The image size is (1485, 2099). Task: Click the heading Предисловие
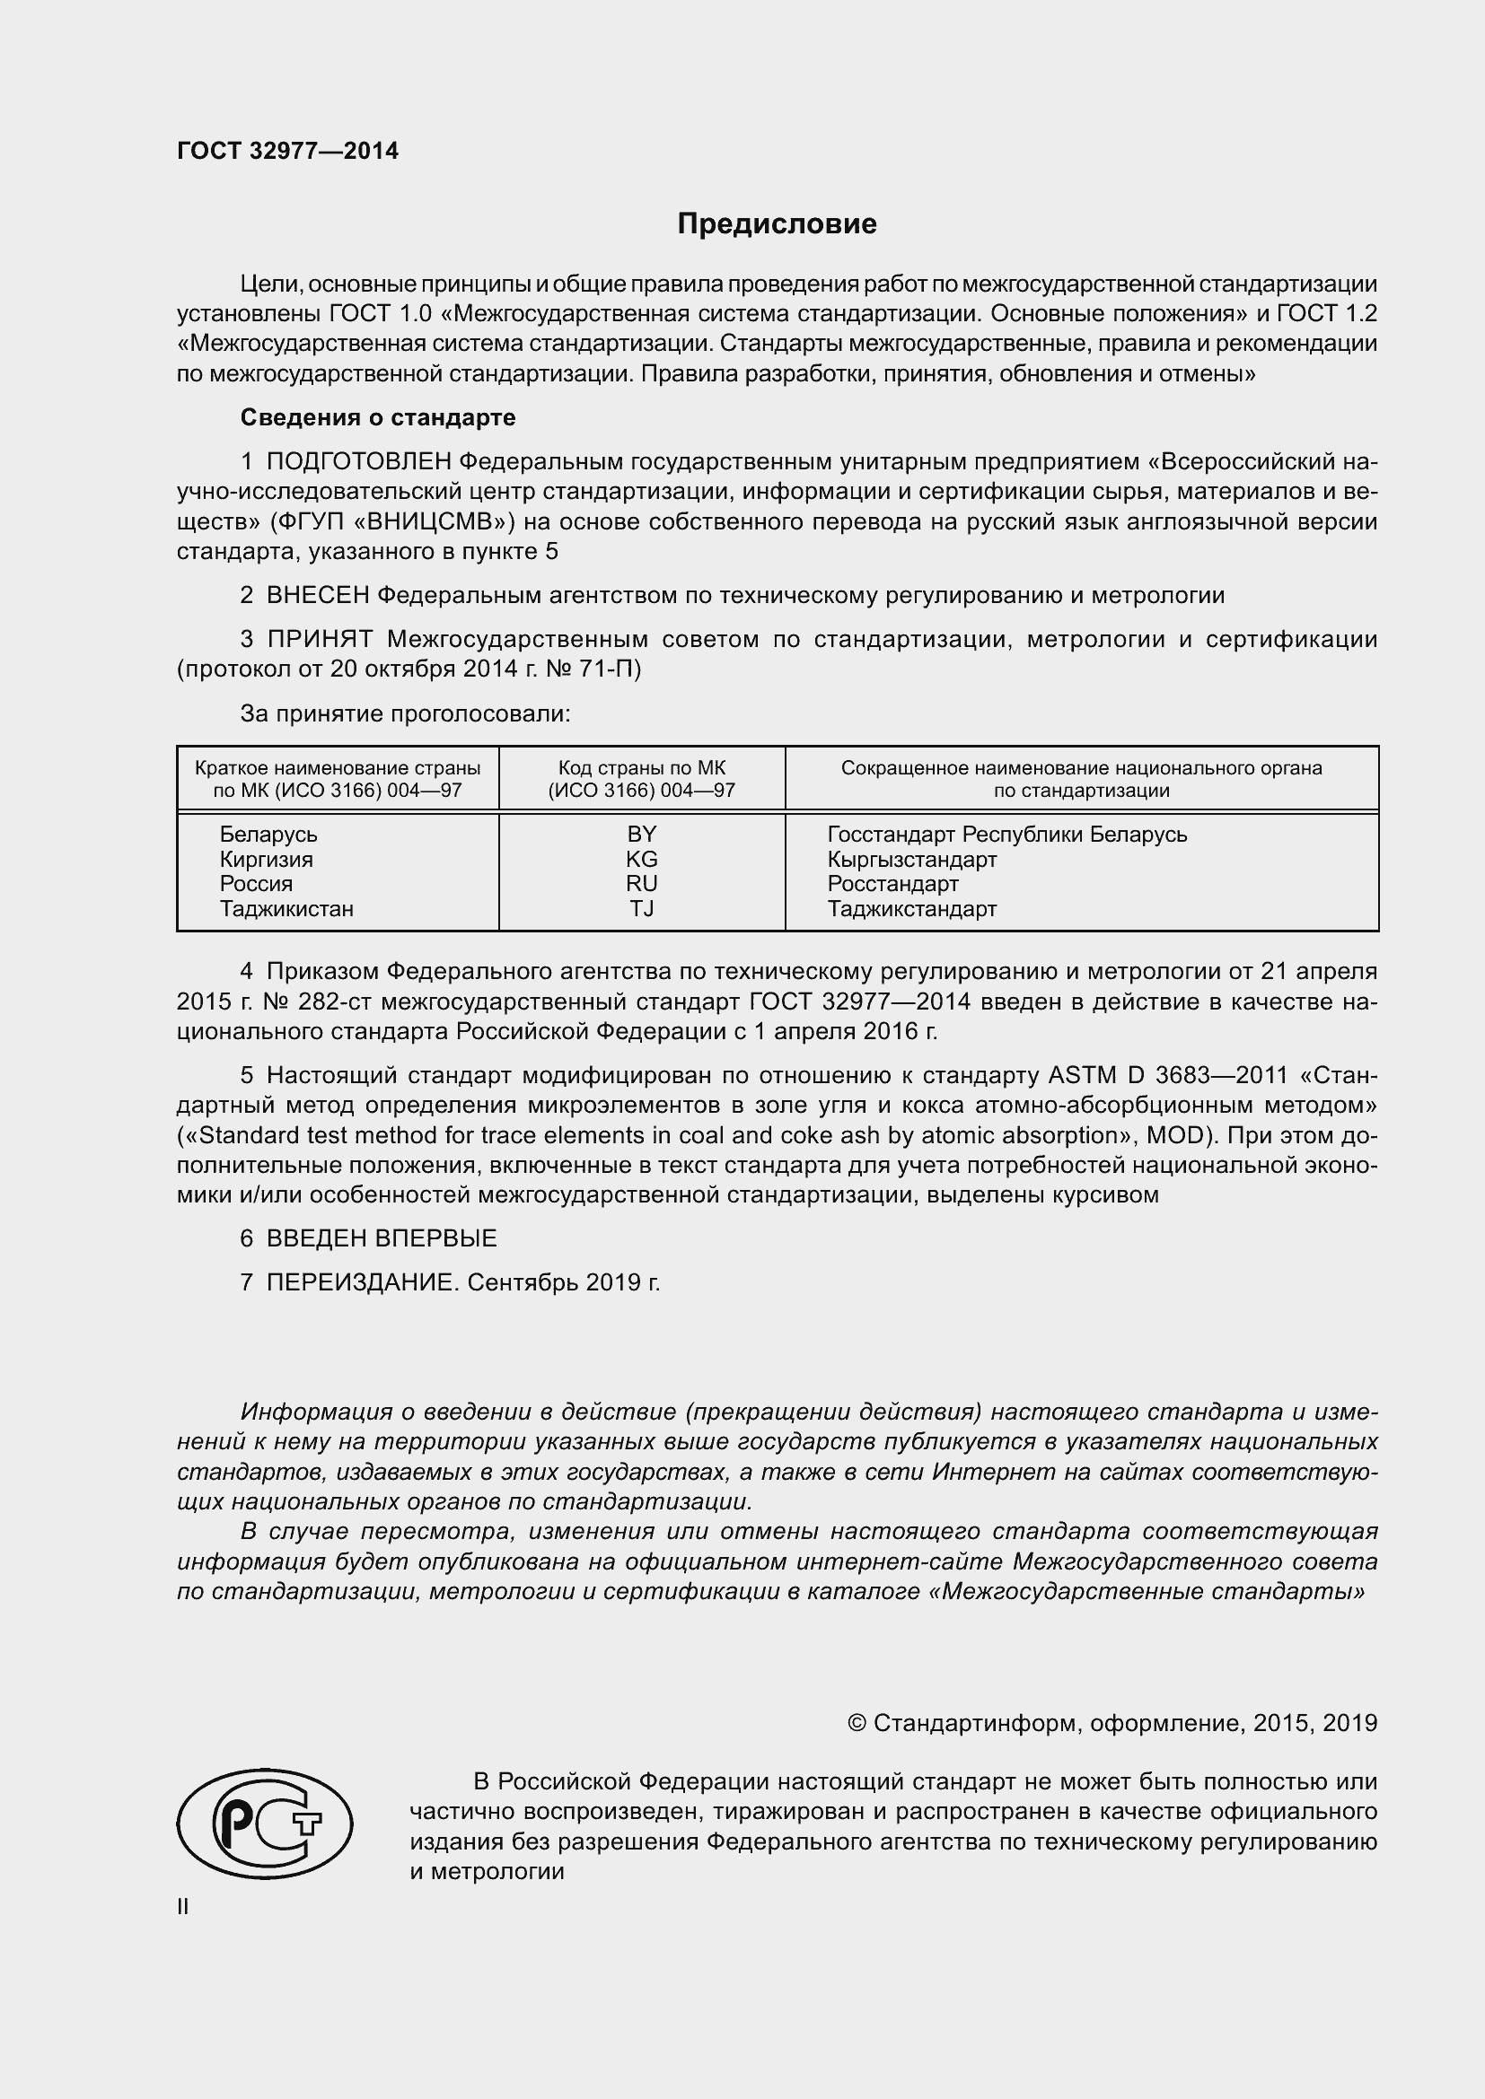[x=777, y=224]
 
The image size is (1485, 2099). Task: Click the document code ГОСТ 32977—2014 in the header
[x=287, y=152]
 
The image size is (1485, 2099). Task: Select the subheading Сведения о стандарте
[x=378, y=418]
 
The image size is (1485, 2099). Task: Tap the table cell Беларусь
[x=268, y=834]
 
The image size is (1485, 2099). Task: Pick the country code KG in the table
[x=641, y=860]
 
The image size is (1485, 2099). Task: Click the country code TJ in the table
[x=641, y=909]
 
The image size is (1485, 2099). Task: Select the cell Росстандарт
[x=892, y=884]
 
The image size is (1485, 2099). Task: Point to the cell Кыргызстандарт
[x=911, y=860]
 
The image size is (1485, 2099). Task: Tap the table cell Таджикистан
[x=286, y=909]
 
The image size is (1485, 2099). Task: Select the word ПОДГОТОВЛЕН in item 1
[x=358, y=462]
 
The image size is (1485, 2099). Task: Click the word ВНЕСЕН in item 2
[x=317, y=596]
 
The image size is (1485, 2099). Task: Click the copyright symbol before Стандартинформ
[x=856, y=1723]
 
